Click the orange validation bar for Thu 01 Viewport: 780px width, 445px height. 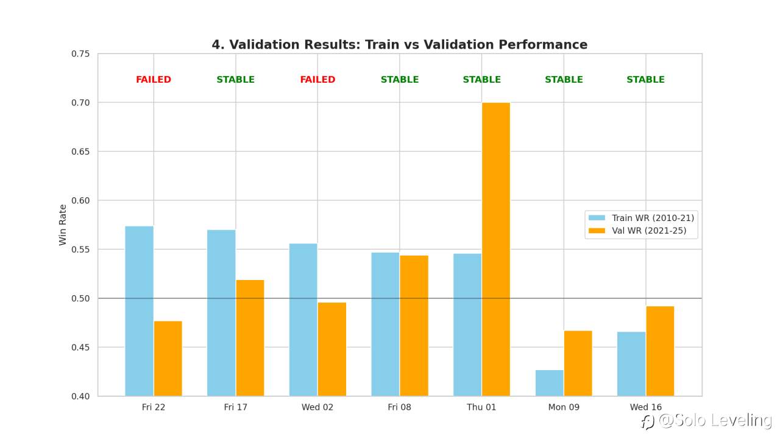coord(495,249)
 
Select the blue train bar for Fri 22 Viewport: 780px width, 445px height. coord(139,310)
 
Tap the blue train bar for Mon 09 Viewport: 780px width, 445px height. coord(549,383)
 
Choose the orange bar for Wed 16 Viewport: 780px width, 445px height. coord(660,351)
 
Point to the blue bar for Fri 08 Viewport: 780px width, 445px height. coord(385,324)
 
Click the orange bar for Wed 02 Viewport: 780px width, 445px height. coord(331,349)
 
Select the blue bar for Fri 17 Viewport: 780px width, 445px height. coord(221,312)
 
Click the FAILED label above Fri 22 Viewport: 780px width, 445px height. coord(154,80)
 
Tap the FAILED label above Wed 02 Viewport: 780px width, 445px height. coord(317,80)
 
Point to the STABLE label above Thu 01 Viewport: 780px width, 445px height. coord(481,80)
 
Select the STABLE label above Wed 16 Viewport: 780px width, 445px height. coord(645,80)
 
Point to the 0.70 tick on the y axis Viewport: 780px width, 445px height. coord(81,103)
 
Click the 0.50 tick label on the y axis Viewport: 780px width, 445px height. coord(81,298)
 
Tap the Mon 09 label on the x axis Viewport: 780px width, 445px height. coord(564,407)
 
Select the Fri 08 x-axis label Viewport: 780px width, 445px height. coord(399,407)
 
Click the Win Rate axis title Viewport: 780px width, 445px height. coord(63,225)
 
